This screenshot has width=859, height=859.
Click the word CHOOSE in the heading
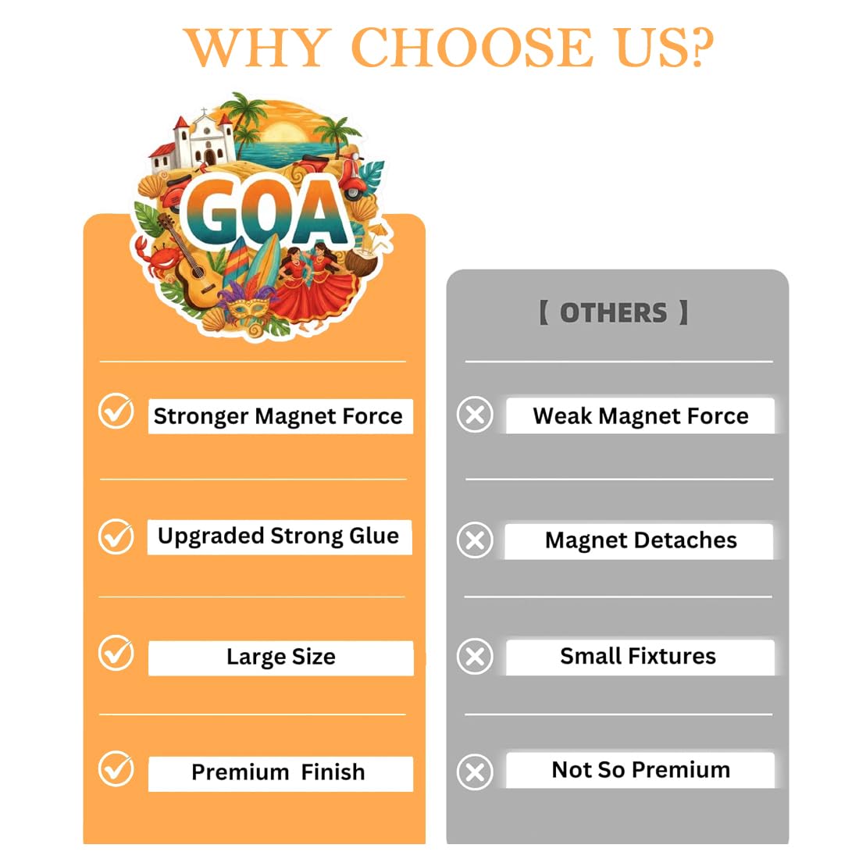click(x=472, y=48)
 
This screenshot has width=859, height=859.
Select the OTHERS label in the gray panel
click(x=614, y=313)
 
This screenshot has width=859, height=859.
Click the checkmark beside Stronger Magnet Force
click(x=116, y=410)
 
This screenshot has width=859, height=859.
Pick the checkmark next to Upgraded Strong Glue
click(x=116, y=536)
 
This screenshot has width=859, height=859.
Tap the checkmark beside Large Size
click(x=116, y=653)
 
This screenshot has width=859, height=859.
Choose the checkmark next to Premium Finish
click(x=116, y=768)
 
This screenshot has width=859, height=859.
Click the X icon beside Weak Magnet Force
click(x=475, y=414)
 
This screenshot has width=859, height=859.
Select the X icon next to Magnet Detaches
click(x=475, y=540)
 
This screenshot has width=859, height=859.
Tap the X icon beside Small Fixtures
click(x=475, y=656)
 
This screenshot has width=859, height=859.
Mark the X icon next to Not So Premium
click(x=475, y=772)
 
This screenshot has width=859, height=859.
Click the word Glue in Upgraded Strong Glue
click(x=374, y=535)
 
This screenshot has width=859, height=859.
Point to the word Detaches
click(x=686, y=540)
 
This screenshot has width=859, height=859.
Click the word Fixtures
click(x=672, y=656)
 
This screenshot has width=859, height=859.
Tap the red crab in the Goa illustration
click(x=159, y=258)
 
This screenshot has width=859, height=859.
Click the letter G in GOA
click(x=212, y=212)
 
